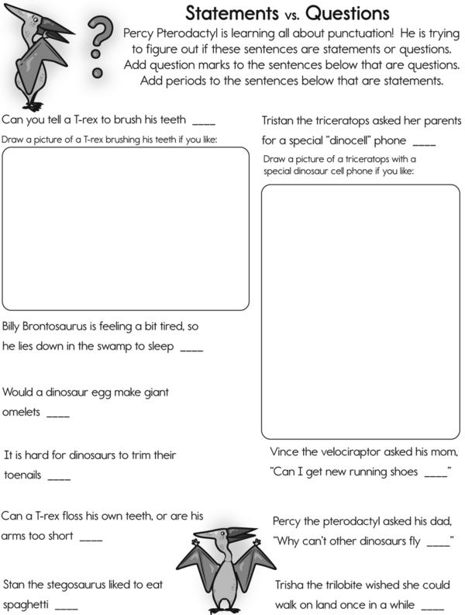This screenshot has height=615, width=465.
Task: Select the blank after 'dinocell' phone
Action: point(425,144)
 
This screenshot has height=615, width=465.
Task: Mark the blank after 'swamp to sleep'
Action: point(191,350)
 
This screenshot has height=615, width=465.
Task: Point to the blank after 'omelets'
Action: point(58,415)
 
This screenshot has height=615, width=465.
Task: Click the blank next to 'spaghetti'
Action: point(67,604)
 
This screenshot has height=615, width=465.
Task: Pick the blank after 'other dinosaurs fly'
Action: point(438,541)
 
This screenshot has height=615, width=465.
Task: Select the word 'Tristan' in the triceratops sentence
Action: point(280,122)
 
